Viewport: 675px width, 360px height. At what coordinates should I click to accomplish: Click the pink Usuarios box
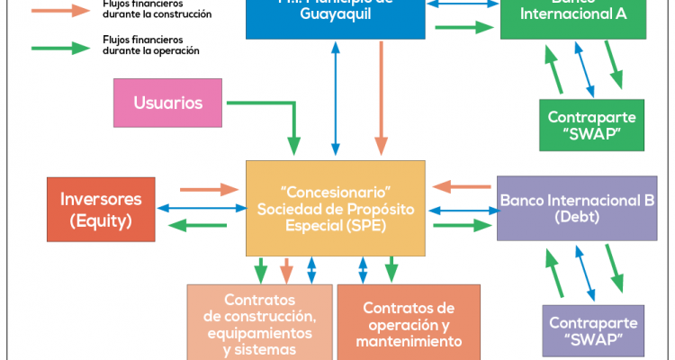pos(168,103)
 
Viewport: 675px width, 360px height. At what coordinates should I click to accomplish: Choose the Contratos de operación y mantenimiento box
pos(409,322)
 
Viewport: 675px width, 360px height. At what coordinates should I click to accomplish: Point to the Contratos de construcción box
pos(259,322)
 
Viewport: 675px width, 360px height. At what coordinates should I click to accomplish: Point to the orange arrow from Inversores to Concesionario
pos(208,190)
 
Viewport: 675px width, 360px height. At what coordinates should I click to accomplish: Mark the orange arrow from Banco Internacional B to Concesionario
pos(459,187)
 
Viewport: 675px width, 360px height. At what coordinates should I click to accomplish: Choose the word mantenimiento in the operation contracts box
pos(409,342)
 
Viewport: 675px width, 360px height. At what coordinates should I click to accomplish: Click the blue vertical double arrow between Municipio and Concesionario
pos(336,100)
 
